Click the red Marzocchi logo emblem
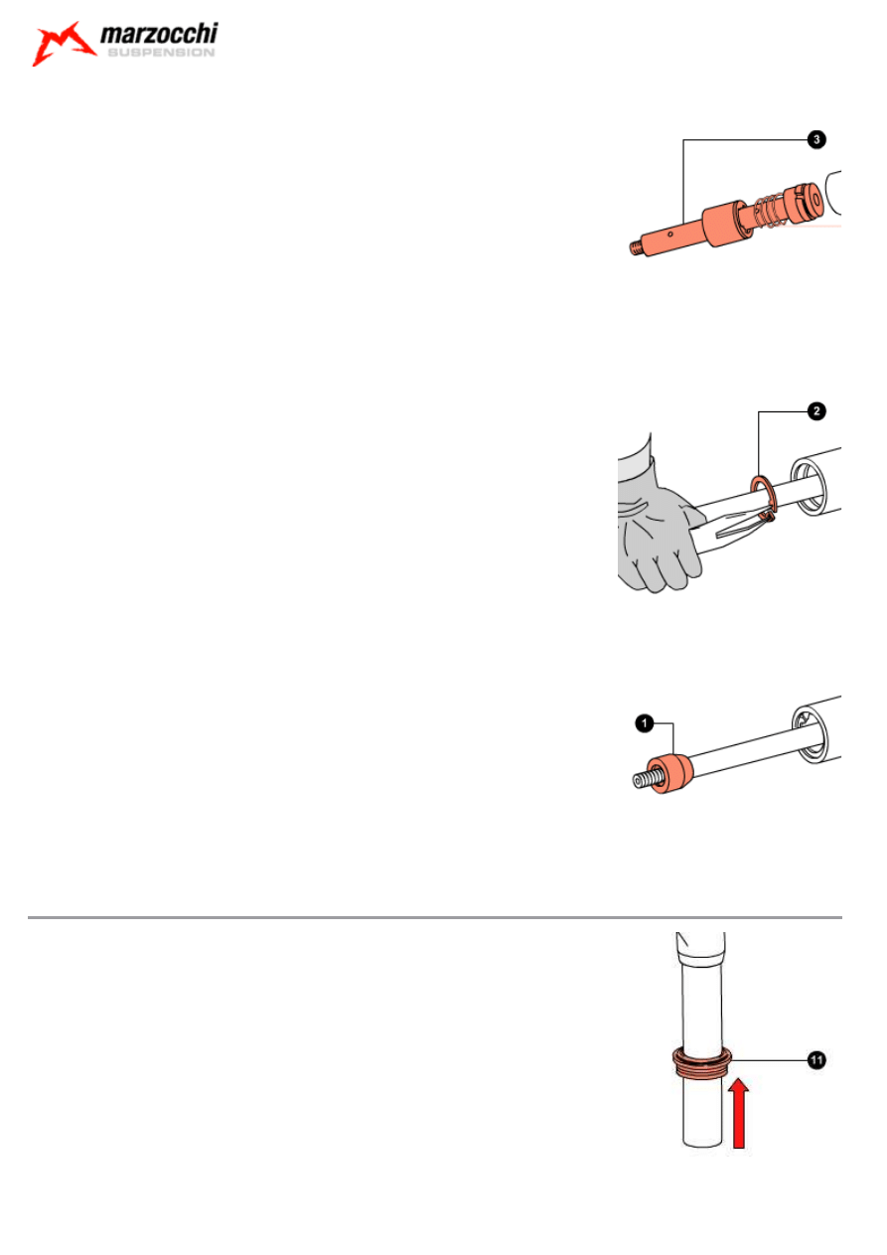coord(63,43)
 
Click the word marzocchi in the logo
coord(159,34)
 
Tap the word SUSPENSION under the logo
coord(161,52)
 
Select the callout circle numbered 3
coord(816,139)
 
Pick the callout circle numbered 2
coord(816,411)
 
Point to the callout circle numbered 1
coord(645,723)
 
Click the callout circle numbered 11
coord(816,1060)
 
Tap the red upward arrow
coord(739,1113)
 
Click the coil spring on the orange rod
coord(768,212)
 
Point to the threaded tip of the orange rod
coord(636,248)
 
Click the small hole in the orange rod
coord(669,235)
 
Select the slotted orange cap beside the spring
coord(804,203)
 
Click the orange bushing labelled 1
coord(669,773)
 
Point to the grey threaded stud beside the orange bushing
coord(649,779)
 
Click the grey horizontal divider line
coord(435,918)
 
